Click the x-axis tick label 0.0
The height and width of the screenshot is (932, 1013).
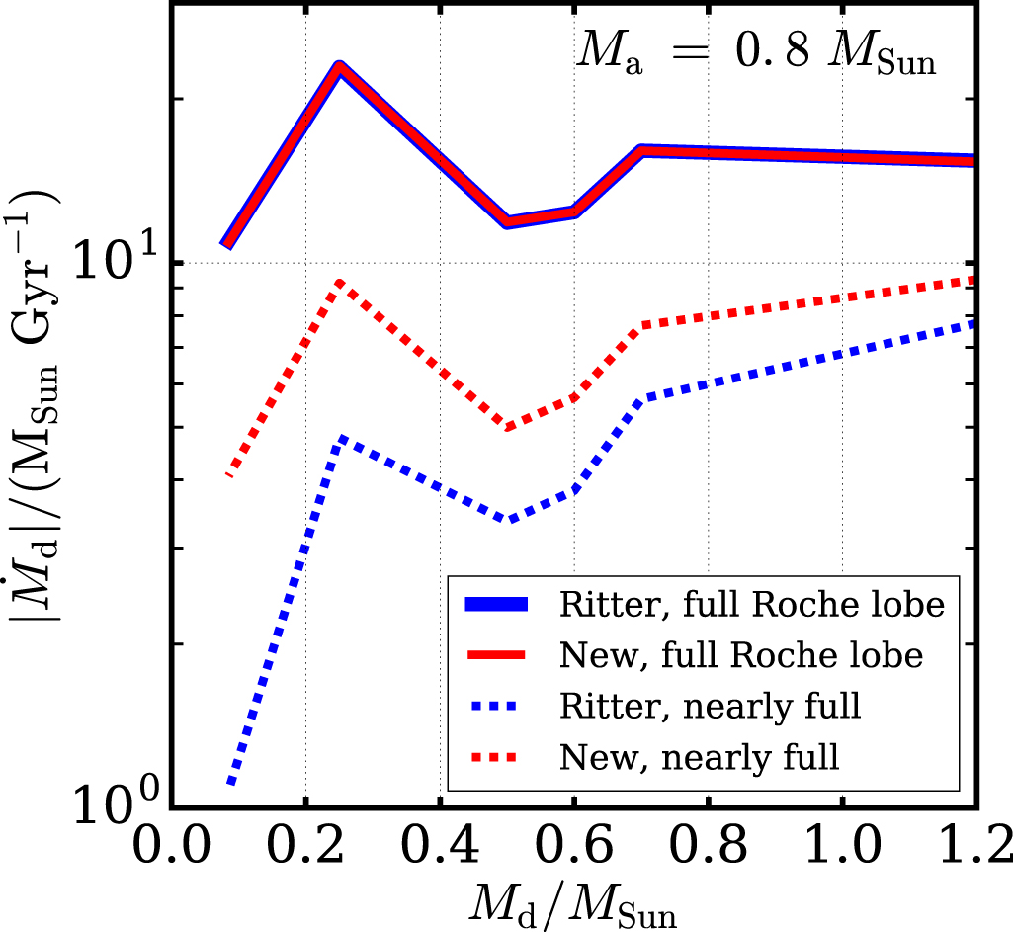[173, 847]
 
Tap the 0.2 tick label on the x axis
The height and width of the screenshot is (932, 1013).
[306, 847]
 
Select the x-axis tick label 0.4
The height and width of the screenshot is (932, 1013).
[440, 847]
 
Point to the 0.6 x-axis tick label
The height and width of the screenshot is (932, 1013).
[573, 847]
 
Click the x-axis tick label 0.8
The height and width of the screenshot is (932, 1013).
[708, 847]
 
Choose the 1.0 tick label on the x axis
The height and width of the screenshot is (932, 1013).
[841, 847]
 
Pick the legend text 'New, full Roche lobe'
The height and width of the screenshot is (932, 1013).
[740, 656]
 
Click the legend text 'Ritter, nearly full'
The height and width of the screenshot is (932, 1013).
[710, 707]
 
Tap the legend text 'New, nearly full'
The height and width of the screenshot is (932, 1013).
[699, 758]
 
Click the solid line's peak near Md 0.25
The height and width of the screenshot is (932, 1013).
[340, 69]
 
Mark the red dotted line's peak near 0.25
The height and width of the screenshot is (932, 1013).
[340, 283]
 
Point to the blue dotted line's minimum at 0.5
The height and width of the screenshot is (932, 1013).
[508, 519]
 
